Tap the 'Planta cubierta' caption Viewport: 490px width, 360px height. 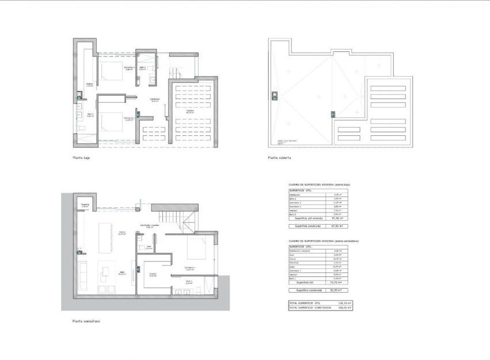click(279, 157)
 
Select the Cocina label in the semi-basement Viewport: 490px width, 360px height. click(121, 233)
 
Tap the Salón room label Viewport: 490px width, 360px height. click(121, 273)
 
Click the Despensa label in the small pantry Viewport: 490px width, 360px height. click(85, 205)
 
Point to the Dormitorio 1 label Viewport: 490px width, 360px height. click(190, 268)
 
